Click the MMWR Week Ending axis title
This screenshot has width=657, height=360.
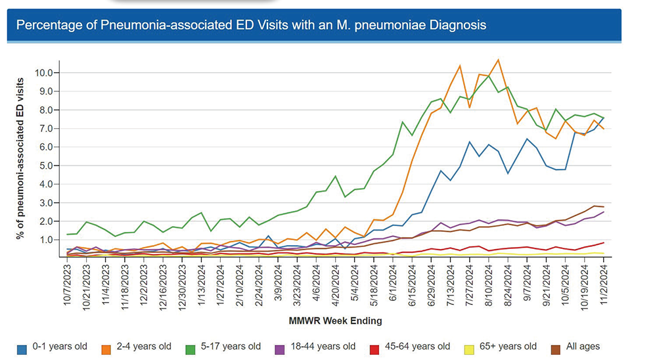click(x=335, y=321)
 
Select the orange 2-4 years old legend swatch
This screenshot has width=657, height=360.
click(x=106, y=347)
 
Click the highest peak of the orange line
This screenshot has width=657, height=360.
click(x=498, y=60)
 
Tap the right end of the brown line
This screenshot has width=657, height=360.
click(x=604, y=207)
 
